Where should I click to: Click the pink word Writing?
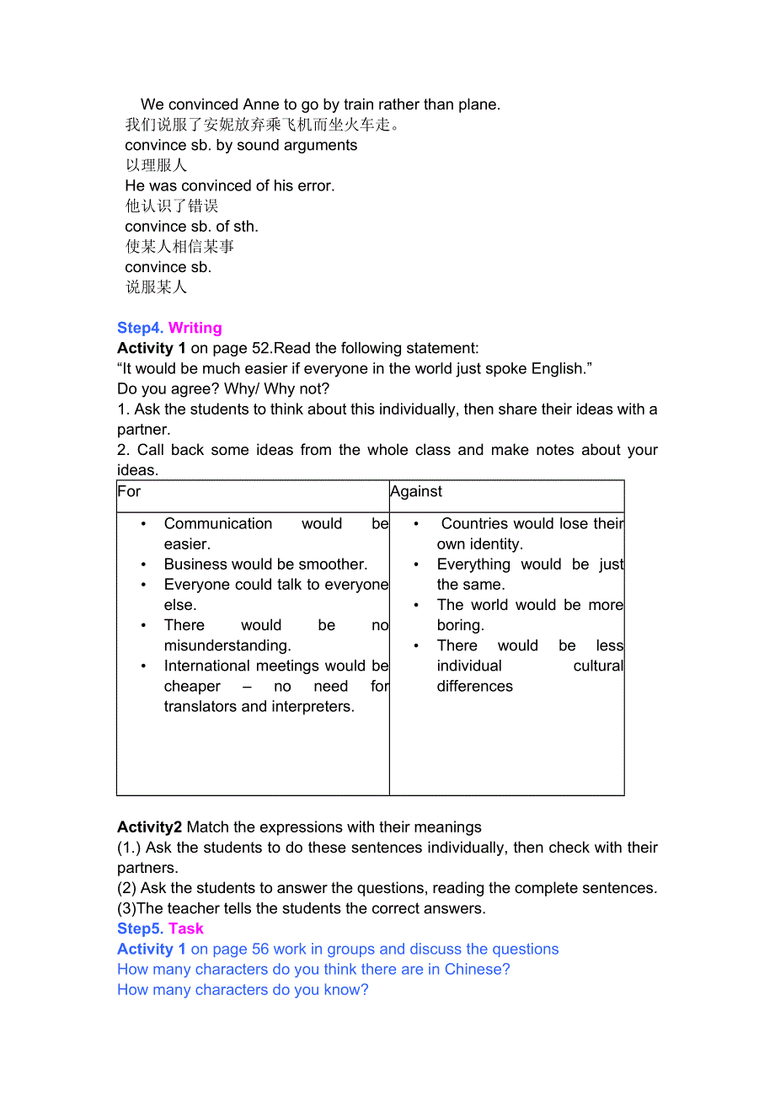195,328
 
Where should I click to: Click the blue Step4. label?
141,328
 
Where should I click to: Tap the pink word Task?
186,928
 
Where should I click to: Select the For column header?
129,491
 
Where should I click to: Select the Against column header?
416,491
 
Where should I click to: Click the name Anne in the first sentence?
261,104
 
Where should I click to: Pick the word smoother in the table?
329,564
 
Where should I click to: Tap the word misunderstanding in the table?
227,645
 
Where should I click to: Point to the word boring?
460,625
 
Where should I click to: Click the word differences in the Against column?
474,686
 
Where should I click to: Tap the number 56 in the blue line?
261,949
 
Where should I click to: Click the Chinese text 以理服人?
156,165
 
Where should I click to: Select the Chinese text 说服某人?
156,287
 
